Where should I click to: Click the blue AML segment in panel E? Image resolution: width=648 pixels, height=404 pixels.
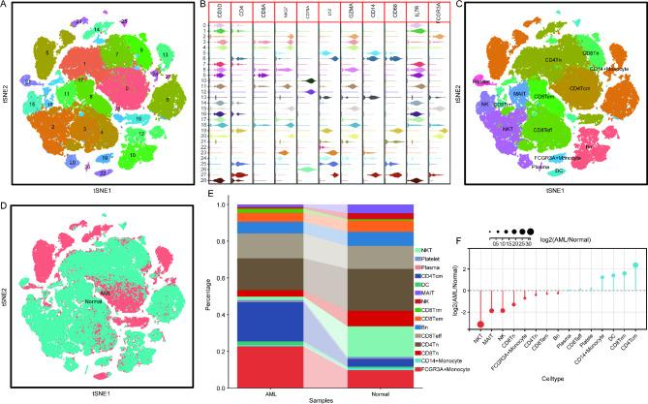(x=269, y=322)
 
